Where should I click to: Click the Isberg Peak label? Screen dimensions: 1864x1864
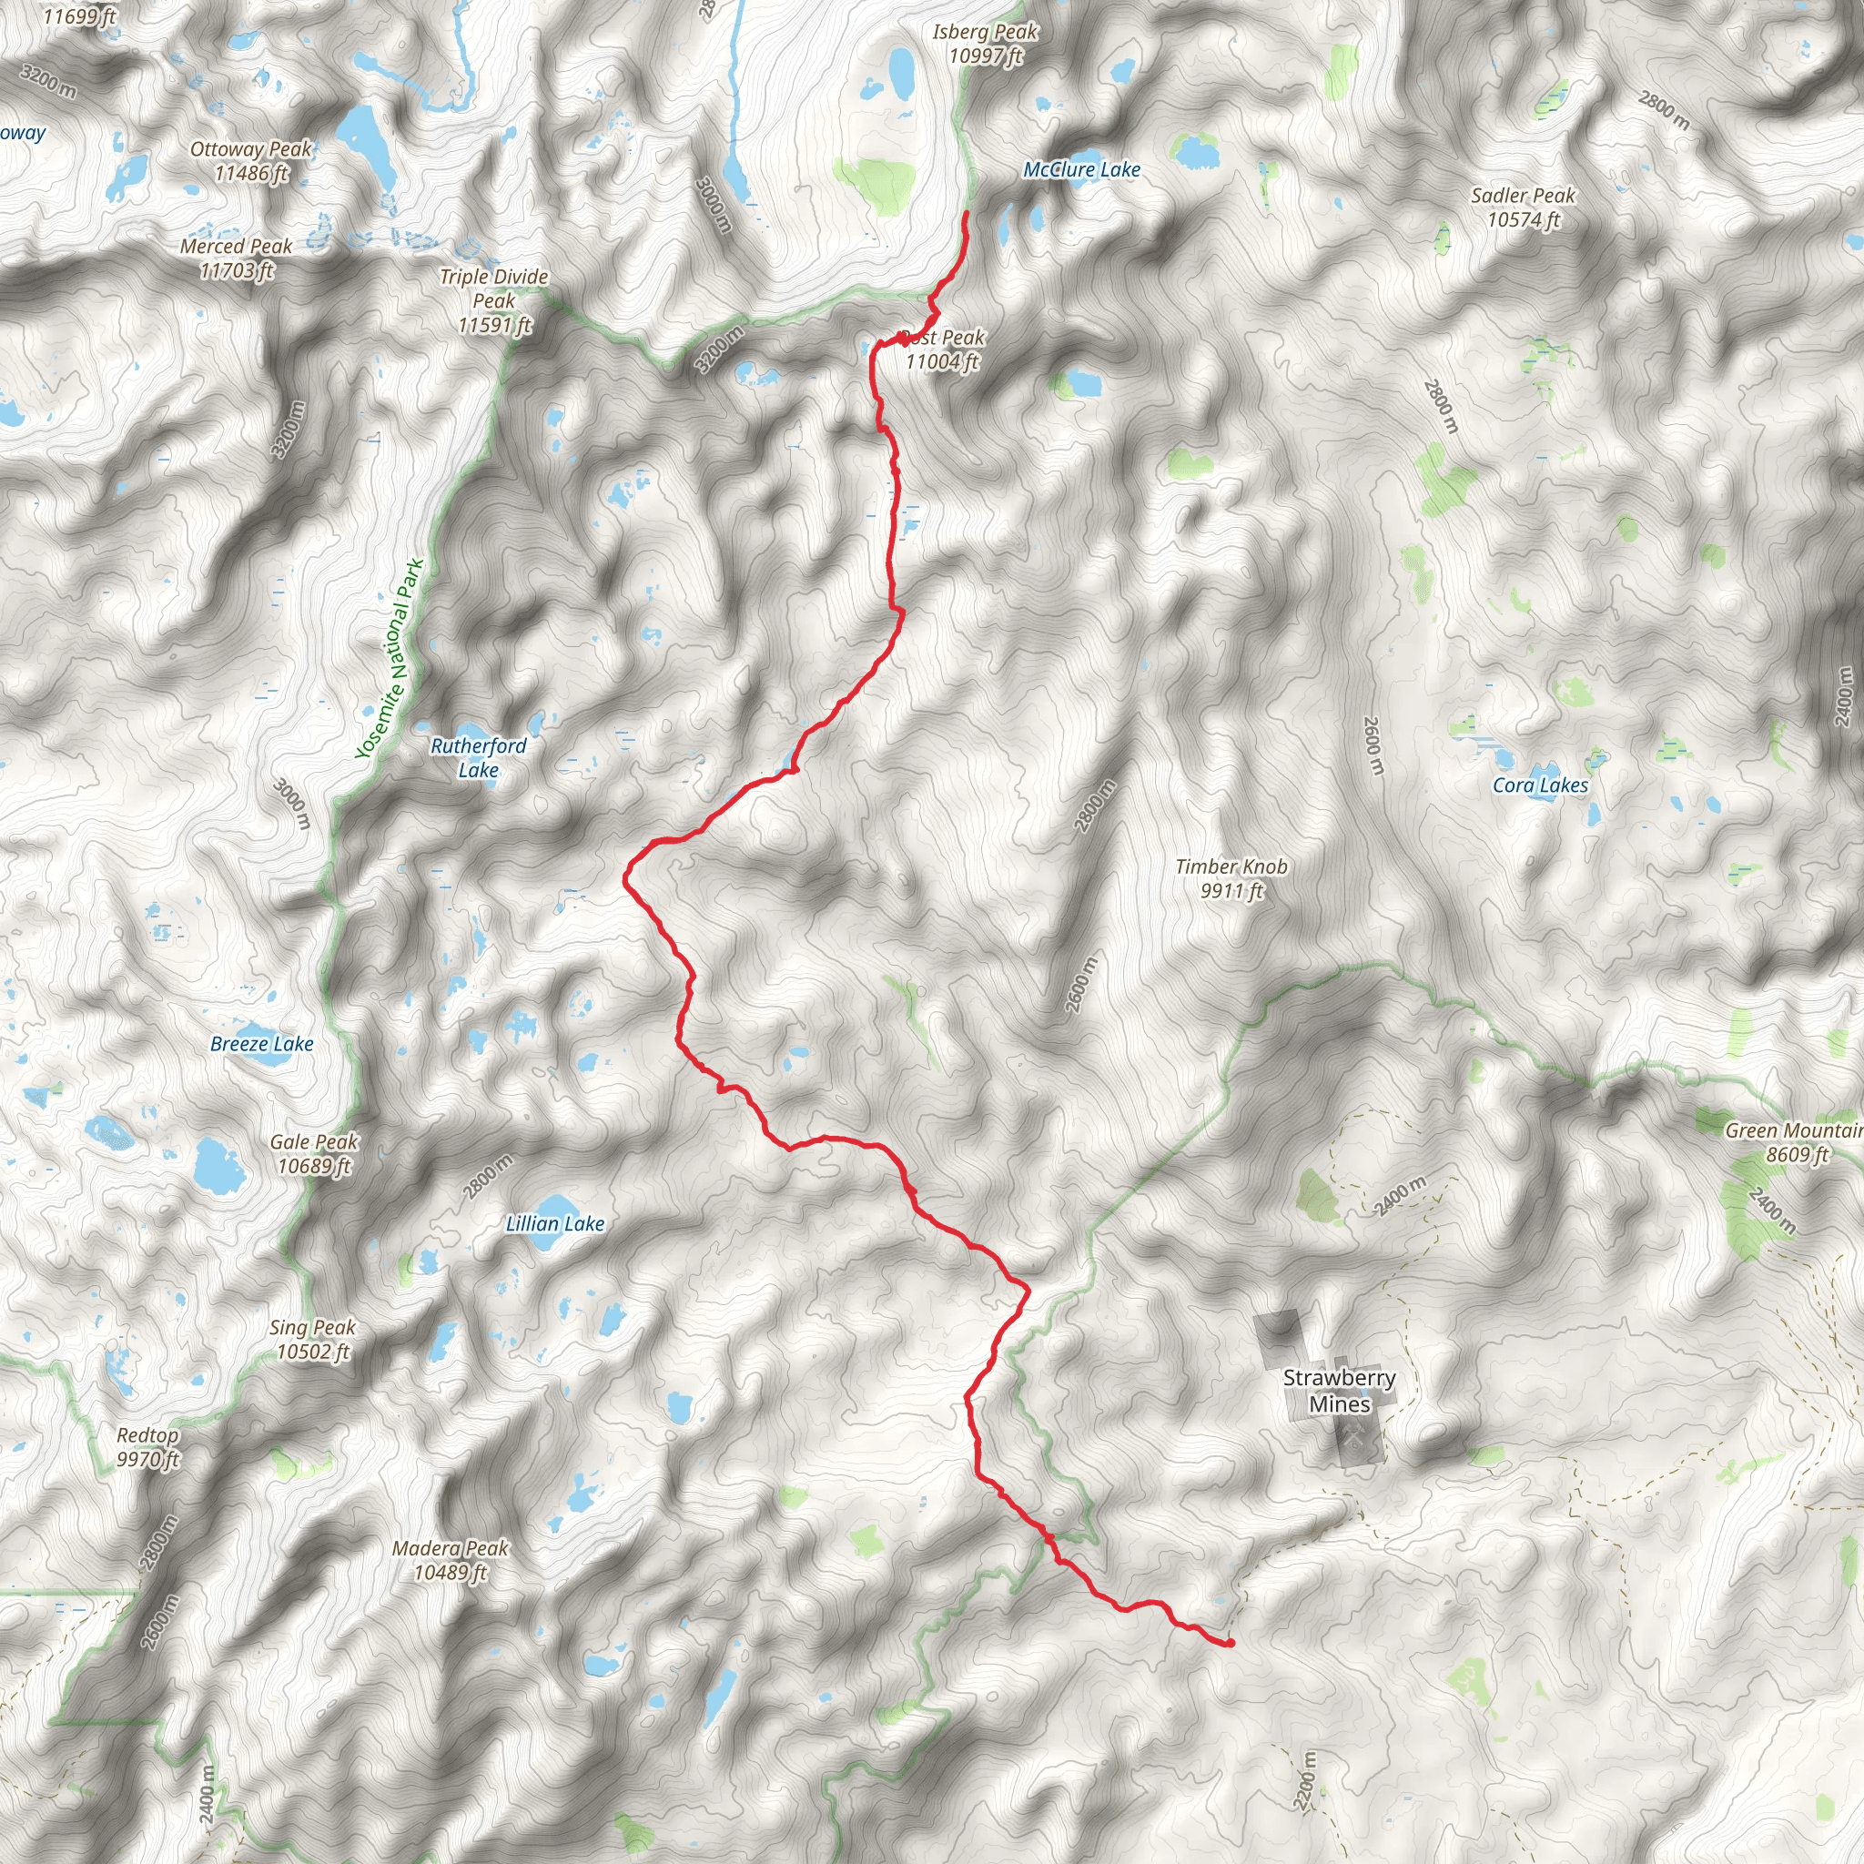point(984,45)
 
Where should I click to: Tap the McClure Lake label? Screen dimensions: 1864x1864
point(1081,170)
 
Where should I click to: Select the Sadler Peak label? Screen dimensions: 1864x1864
point(1523,208)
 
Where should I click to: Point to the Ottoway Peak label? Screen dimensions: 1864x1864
point(251,161)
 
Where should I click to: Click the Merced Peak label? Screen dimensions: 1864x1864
point(237,258)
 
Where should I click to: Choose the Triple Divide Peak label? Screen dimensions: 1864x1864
point(494,301)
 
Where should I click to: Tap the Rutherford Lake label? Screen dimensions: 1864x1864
point(479,757)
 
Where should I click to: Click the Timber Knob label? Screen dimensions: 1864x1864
point(1231,878)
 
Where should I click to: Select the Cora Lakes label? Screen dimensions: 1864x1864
point(1540,785)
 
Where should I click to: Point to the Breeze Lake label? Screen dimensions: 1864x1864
point(261,1044)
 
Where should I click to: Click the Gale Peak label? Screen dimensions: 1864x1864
point(315,1153)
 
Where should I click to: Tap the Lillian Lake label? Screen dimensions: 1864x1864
point(555,1224)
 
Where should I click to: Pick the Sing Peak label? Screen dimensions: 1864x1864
point(312,1339)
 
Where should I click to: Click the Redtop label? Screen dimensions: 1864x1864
point(147,1447)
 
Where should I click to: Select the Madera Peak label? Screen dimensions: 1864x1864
point(450,1560)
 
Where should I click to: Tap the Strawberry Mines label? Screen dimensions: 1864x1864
point(1339,1391)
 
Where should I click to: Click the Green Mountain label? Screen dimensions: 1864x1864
point(1793,1142)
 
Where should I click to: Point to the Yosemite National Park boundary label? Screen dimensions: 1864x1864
point(390,659)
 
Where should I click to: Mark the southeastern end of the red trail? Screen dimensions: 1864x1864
point(1231,1643)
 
